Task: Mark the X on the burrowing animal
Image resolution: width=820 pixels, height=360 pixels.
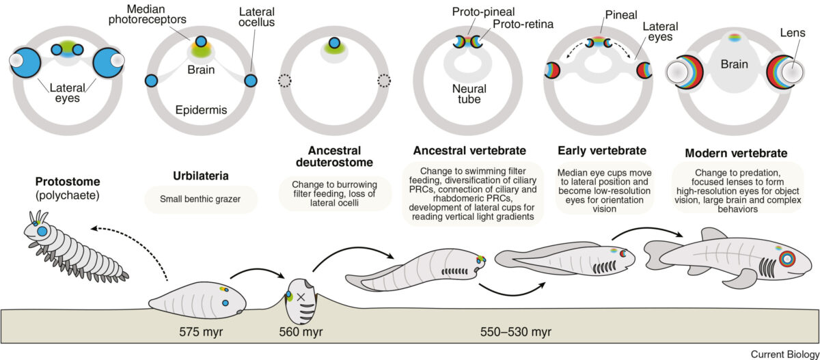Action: [x=301, y=297]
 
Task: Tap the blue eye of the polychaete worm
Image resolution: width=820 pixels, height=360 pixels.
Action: [x=42, y=232]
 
